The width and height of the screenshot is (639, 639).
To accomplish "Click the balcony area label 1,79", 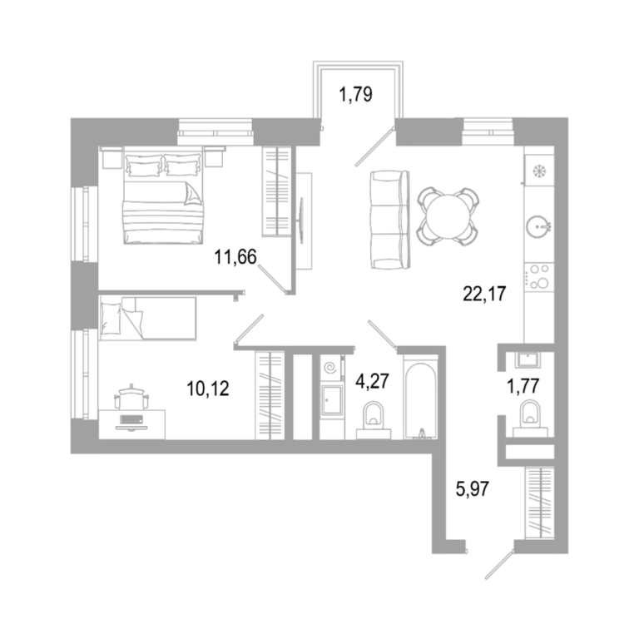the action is point(355,94).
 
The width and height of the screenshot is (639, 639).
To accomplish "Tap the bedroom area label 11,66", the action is point(235,257).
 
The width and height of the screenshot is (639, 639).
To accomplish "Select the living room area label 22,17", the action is point(484,294).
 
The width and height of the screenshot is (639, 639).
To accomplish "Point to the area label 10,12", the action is point(208,389).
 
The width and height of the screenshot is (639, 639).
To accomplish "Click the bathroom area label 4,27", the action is point(372,381).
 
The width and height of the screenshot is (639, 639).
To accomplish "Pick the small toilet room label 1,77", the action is point(523,385).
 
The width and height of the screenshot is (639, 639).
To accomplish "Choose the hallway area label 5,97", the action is point(472,488).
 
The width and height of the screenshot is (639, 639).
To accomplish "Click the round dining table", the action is point(448,216).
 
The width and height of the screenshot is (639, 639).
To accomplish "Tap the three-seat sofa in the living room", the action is point(390,220).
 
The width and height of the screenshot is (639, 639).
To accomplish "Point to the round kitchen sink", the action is point(538,225).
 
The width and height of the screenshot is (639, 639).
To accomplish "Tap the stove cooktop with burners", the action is point(539,277).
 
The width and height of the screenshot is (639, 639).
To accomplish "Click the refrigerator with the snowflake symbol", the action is point(539,171).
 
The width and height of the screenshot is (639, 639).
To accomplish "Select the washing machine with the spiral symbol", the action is point(330,368).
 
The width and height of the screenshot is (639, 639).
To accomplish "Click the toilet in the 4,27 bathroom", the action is point(374,420).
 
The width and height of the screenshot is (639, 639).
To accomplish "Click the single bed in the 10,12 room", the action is point(147,318).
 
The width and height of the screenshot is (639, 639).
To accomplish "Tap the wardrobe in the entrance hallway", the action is point(540,503).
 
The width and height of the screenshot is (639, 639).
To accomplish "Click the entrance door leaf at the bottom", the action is point(499,564).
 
